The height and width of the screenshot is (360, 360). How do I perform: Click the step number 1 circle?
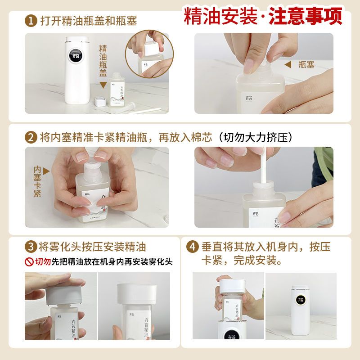[x=31, y=21]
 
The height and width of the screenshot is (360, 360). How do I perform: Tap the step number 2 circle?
[x=31, y=137]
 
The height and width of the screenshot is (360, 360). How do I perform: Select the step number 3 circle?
[x=31, y=247]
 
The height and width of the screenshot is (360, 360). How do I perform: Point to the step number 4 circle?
[x=193, y=247]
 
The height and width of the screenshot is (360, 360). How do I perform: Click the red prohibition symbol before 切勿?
[x=29, y=262]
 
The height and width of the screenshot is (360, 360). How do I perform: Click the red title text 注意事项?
[x=306, y=16]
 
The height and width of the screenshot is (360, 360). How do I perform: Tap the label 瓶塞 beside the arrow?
[x=306, y=64]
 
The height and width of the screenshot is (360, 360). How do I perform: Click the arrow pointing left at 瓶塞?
[x=288, y=64]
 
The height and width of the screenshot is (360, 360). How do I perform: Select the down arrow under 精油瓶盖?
[x=103, y=85]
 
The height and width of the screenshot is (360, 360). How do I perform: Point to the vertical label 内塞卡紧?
[x=37, y=182]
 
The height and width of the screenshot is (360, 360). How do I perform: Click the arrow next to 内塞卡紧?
[x=46, y=171]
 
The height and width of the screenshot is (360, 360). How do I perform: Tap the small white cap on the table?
[x=100, y=101]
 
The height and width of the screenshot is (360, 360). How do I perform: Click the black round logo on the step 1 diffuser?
[x=76, y=55]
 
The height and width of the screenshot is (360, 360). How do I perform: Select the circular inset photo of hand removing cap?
[x=149, y=54]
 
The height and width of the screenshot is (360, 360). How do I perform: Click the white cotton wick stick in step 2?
[x=263, y=165]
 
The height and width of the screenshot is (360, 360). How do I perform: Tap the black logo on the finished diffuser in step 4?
[x=301, y=300]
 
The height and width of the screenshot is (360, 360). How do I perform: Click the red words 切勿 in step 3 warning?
[x=43, y=262]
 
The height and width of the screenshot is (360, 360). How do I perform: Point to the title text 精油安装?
[x=220, y=16]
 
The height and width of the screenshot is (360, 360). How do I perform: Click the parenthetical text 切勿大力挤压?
[x=256, y=137]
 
